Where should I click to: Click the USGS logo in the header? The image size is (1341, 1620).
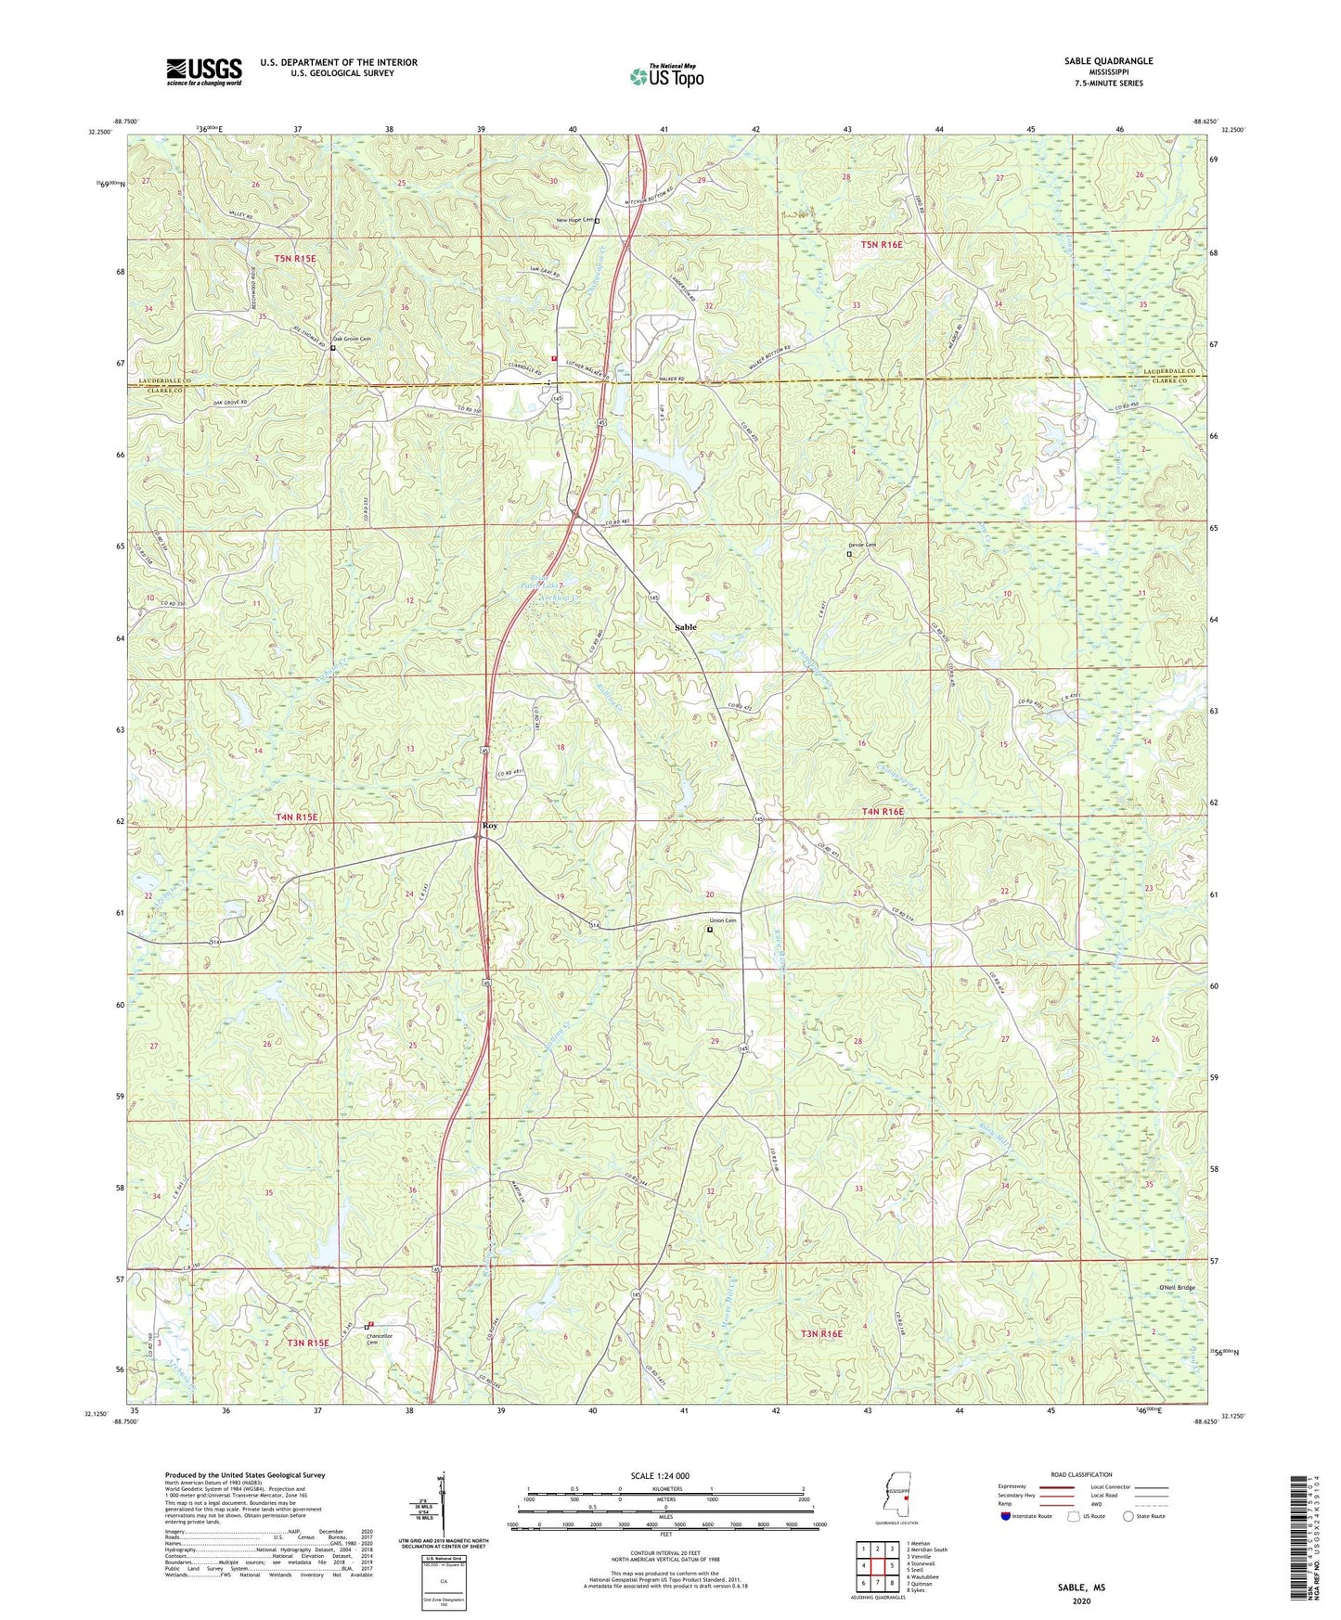(204, 71)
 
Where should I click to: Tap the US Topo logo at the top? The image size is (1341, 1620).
(666, 76)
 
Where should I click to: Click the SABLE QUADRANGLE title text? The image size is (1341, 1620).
(1108, 61)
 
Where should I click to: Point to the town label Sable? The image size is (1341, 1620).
(685, 627)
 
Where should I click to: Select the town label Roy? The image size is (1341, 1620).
(489, 825)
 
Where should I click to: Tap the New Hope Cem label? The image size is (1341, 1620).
(574, 220)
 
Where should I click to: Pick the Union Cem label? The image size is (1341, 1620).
(723, 920)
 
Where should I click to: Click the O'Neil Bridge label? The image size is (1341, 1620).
(1177, 1288)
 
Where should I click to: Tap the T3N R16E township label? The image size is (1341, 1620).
(821, 1333)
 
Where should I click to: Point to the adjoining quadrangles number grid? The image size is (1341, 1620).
(877, 1565)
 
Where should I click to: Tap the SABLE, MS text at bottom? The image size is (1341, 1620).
(1081, 1588)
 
